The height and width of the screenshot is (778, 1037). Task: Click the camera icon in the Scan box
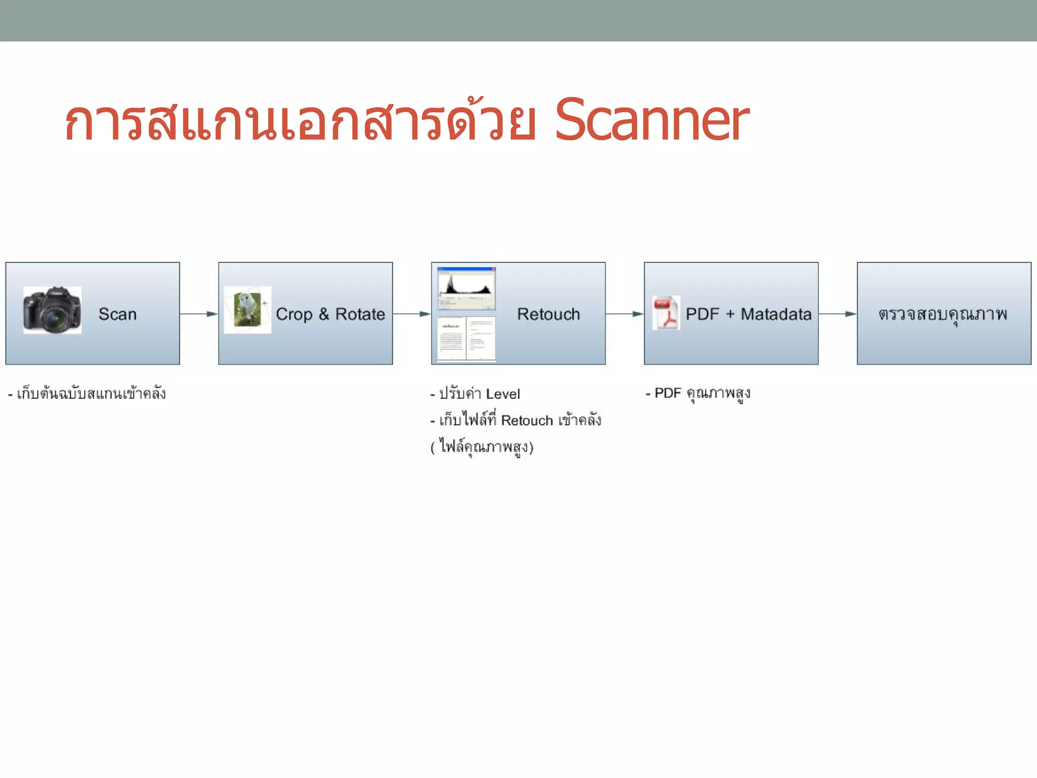(x=52, y=310)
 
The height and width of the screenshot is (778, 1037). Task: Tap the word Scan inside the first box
(x=117, y=314)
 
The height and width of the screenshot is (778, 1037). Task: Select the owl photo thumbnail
(x=248, y=310)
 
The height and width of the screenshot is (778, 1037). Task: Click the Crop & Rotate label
(x=330, y=314)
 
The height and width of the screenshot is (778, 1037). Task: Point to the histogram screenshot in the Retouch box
(x=466, y=288)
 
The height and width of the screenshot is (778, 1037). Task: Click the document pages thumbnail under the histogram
(x=466, y=339)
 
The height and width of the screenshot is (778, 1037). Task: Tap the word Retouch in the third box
(x=548, y=314)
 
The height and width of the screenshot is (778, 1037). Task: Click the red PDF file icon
(x=666, y=313)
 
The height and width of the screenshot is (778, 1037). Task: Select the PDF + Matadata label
(x=748, y=314)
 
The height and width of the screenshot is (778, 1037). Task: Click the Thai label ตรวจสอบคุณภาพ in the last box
(x=943, y=314)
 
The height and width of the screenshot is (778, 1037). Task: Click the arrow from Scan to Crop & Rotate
(x=199, y=314)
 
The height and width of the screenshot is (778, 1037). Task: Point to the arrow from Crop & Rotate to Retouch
(x=412, y=314)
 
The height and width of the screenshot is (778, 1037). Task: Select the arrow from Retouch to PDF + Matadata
(x=624, y=314)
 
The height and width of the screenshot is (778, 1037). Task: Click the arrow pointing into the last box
(x=837, y=314)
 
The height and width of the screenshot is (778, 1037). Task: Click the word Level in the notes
(x=503, y=394)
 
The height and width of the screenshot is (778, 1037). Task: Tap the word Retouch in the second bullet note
(x=527, y=420)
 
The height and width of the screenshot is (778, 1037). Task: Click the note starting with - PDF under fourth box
(x=698, y=394)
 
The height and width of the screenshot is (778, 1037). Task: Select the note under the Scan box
(x=87, y=394)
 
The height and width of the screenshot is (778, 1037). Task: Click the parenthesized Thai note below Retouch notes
(x=482, y=447)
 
